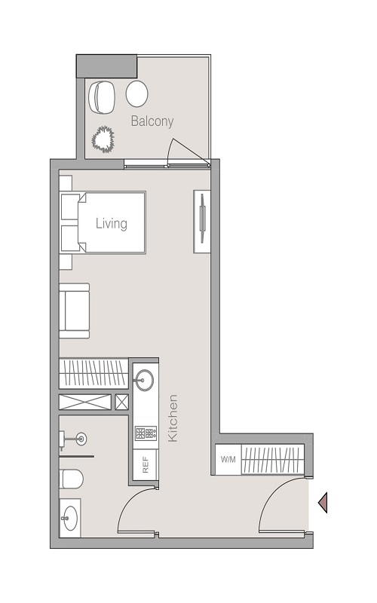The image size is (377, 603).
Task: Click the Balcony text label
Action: (x=152, y=121)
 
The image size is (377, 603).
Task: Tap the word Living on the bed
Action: (x=111, y=223)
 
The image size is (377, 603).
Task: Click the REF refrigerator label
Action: (x=145, y=465)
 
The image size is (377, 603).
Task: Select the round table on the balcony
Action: (x=136, y=94)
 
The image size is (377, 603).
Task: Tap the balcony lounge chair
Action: (x=101, y=96)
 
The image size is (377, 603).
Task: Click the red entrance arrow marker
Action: (x=323, y=502)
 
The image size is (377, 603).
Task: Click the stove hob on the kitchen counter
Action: (x=144, y=433)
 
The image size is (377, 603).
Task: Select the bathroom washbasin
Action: (x=70, y=518)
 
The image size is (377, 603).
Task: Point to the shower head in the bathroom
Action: (x=79, y=439)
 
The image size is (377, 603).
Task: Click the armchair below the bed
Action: (x=75, y=310)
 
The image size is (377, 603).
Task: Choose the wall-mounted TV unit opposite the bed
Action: (x=202, y=220)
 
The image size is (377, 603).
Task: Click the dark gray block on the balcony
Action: (x=106, y=65)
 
